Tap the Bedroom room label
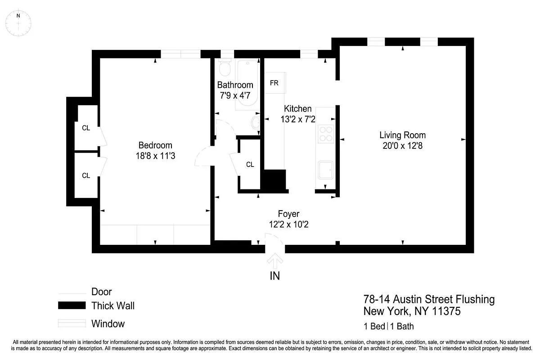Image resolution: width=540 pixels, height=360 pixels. [x=155, y=145]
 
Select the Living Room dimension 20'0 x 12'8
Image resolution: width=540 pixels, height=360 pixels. [x=402, y=146]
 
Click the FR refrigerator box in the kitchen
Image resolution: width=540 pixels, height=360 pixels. [x=274, y=83]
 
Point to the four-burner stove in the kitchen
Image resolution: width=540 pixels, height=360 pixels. [x=326, y=133]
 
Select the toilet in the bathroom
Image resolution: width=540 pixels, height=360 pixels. [x=224, y=68]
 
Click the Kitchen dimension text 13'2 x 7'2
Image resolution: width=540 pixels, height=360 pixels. [x=298, y=119]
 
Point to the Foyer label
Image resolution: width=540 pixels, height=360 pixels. [x=288, y=214]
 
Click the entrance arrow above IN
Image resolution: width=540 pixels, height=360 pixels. [x=275, y=261]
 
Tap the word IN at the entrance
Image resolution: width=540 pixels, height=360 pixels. [x=274, y=276]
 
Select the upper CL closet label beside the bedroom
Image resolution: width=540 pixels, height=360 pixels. [x=86, y=128]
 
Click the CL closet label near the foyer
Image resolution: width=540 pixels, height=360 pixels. [x=250, y=165]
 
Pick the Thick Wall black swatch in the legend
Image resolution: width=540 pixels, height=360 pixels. [x=72, y=306]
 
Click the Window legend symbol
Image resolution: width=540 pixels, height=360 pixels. [x=72, y=323]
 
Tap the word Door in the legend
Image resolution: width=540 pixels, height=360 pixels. [x=102, y=292]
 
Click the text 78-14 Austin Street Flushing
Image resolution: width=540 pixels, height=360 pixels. [x=429, y=299]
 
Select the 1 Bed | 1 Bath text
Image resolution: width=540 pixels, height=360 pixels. [x=388, y=326]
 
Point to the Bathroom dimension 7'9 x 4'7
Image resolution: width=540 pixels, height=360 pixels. [x=235, y=95]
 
